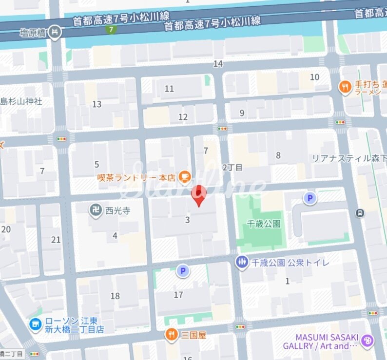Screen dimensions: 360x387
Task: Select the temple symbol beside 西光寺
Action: pyautogui.click(x=96, y=210)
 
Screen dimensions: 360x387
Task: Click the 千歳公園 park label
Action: pyautogui.click(x=264, y=224)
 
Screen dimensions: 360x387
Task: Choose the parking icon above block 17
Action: pyautogui.click(x=183, y=271)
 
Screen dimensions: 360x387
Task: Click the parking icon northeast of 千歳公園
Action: pyautogui.click(x=310, y=198)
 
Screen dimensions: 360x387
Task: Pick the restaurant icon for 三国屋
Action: pyautogui.click(x=171, y=335)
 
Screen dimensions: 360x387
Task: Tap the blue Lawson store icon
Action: pyautogui.click(x=35, y=324)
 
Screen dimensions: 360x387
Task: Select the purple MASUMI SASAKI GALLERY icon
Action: pyautogui.click(x=368, y=341)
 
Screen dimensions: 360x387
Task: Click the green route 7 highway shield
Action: pyautogui.click(x=112, y=29)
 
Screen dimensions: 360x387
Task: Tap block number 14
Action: pyautogui.click(x=218, y=64)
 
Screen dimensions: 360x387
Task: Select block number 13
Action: pyautogui.click(x=97, y=104)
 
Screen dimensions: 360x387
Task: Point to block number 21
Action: pyautogui.click(x=56, y=239)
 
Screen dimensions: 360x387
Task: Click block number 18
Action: pyautogui.click(x=115, y=296)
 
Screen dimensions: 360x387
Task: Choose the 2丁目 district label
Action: pyautogui.click(x=232, y=167)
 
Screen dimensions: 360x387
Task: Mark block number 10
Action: pyautogui.click(x=315, y=77)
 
